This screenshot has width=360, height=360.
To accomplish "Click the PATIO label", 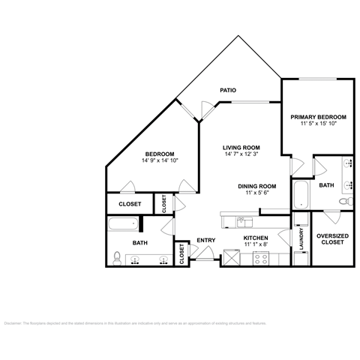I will [228, 90].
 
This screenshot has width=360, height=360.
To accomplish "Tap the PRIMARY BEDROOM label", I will [318, 117].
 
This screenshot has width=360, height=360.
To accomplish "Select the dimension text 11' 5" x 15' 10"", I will [318, 124].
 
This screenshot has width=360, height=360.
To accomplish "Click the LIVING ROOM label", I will [241, 147].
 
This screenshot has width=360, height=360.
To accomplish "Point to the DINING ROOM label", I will [257, 186].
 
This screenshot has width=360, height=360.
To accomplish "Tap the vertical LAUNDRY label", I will [301, 241].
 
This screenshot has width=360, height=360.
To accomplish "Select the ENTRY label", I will [205, 240].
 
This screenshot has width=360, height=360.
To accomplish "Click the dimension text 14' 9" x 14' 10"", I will [160, 160].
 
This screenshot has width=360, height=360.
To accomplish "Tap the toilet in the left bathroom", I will [116, 259].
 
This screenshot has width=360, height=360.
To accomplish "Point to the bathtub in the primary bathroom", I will [299, 194].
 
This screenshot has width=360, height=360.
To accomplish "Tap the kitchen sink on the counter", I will [241, 220].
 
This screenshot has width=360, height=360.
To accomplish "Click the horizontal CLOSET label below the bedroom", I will [130, 203].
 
